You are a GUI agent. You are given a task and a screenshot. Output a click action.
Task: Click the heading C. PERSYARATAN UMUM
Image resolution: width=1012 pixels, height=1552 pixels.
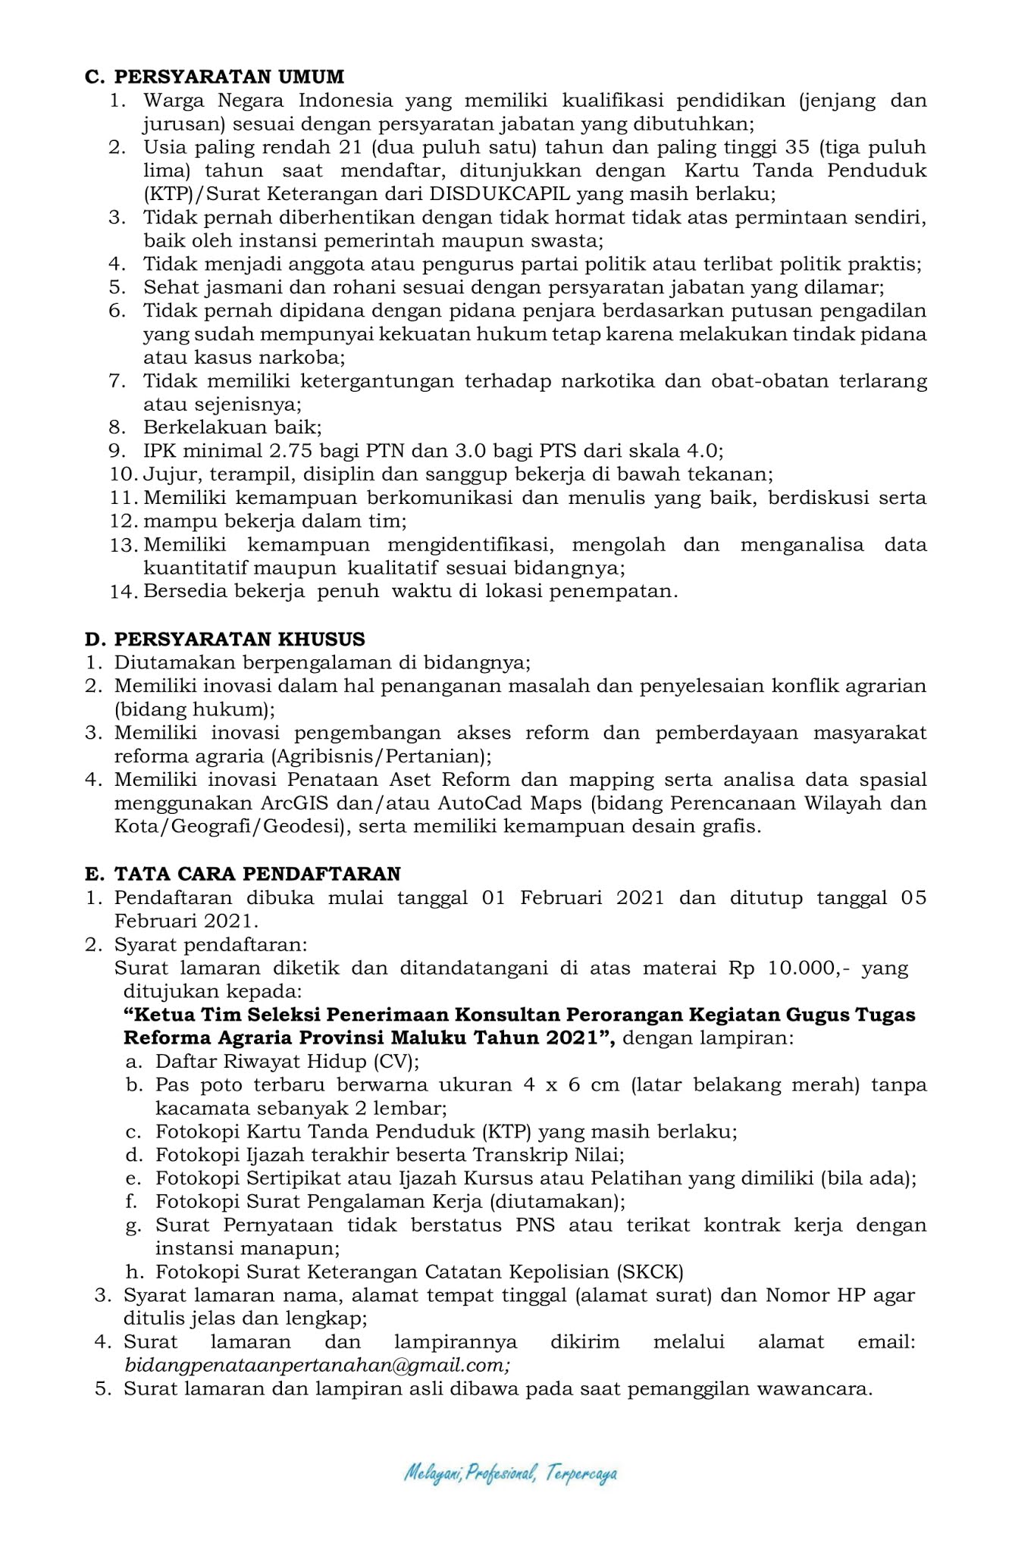214,77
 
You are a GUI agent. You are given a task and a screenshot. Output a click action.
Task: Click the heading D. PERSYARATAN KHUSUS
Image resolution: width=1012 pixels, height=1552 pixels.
224,639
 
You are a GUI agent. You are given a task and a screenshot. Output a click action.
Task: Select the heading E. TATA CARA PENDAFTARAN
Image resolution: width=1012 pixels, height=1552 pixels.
243,874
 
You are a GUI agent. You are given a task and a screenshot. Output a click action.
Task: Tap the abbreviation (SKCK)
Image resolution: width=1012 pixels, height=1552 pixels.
650,1272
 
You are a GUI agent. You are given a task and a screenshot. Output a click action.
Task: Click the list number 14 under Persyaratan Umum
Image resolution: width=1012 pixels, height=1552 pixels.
122,592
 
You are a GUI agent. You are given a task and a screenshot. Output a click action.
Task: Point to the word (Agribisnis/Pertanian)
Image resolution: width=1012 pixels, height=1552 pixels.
379,756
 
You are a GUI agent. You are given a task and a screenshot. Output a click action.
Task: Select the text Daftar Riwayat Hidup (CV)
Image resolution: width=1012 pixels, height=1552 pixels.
287,1061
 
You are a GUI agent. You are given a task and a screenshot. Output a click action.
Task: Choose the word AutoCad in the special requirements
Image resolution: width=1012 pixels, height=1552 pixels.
481,803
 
